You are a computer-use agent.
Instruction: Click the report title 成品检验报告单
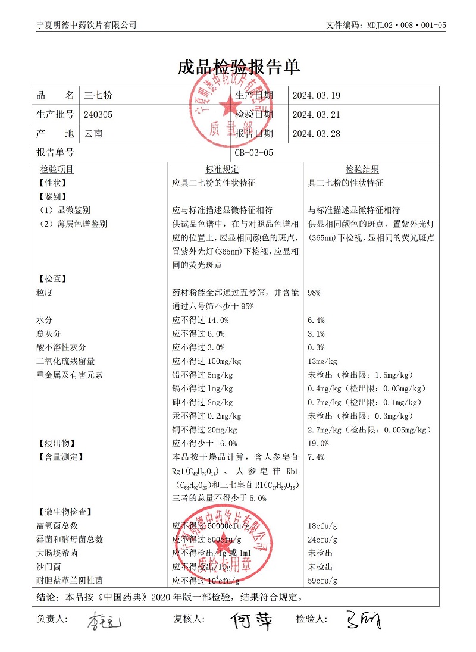[238, 67]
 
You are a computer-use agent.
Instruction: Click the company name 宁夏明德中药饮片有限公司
[86, 25]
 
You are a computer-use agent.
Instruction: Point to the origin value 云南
[93, 134]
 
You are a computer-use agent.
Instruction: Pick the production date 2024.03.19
[316, 95]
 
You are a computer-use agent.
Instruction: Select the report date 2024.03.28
[316, 134]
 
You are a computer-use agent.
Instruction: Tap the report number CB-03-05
[254, 153]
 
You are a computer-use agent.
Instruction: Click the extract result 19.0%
[318, 443]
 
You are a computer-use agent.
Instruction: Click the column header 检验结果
[362, 170]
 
